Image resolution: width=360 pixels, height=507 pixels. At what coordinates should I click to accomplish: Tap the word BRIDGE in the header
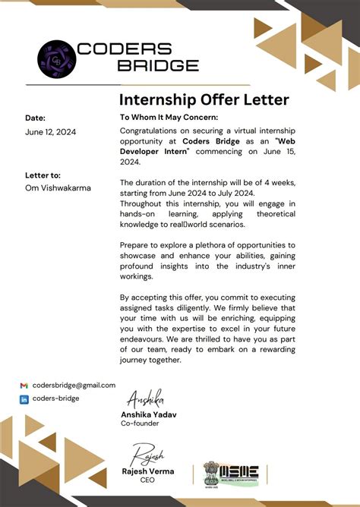(159, 65)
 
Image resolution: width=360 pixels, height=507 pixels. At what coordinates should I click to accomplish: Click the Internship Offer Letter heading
(204, 100)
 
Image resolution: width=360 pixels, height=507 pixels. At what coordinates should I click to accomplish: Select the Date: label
(35, 118)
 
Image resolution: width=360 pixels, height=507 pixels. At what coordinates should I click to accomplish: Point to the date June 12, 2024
(50, 132)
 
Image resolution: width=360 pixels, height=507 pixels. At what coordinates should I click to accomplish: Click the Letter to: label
(43, 175)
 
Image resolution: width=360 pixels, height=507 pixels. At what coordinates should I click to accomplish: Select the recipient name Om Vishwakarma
(58, 188)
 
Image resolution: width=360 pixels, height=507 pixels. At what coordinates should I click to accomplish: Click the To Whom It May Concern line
(169, 118)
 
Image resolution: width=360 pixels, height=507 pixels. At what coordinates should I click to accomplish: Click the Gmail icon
(24, 386)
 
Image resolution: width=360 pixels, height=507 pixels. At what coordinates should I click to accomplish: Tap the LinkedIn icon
(24, 398)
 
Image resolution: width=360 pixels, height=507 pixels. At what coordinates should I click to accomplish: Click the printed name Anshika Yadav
(150, 414)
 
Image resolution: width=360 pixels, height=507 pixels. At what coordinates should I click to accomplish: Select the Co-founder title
(141, 424)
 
